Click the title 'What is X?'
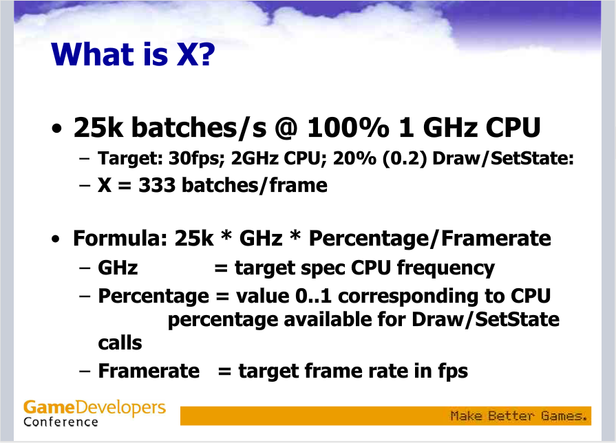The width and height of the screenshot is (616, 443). [133, 54]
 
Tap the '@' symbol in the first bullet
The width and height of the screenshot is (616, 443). [287, 128]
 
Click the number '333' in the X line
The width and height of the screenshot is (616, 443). [157, 185]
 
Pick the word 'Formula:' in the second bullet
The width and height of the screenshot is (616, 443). [120, 238]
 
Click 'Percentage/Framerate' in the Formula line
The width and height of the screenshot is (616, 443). [429, 239]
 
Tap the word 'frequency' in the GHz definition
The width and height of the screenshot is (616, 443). [446, 268]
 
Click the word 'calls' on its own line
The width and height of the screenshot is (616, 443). [120, 343]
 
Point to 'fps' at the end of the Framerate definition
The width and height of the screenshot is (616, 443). [453, 371]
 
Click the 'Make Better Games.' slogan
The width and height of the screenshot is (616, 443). [518, 415]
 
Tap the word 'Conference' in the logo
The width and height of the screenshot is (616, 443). [61, 422]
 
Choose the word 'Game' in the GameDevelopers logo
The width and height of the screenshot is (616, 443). [49, 407]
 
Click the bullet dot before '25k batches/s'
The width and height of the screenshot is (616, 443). [57, 129]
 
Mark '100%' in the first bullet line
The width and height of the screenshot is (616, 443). [348, 128]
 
